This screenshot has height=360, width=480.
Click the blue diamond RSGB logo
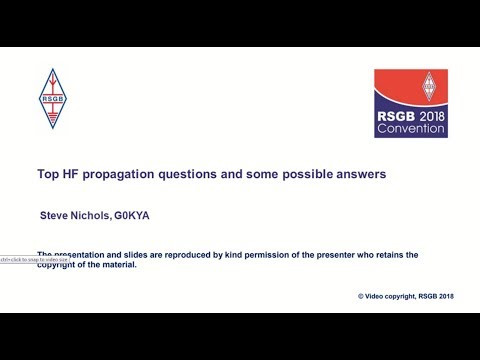[51, 99]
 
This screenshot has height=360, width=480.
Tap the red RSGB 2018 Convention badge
[411, 103]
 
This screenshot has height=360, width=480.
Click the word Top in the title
[48, 174]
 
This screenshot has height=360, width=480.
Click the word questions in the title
[198, 174]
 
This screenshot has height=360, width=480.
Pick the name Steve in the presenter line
[56, 215]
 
